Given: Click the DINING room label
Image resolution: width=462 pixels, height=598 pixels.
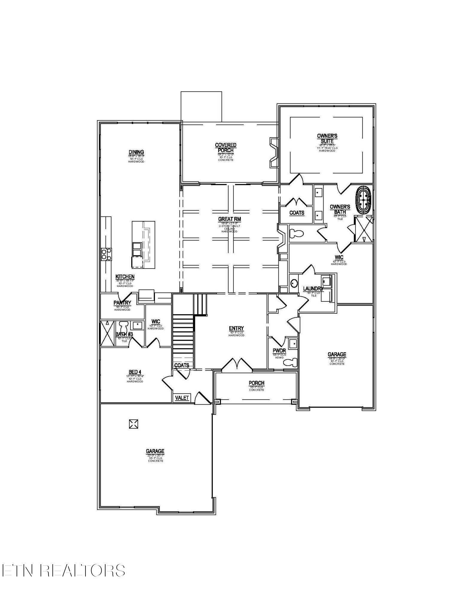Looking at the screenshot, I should point(136,152).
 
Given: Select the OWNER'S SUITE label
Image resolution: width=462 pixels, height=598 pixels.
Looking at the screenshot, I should point(327,138).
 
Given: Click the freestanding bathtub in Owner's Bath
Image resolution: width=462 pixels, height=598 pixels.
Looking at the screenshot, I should point(363,200).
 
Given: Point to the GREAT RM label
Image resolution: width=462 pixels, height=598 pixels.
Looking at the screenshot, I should point(229,219).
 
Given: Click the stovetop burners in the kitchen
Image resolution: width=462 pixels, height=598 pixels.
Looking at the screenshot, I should point(106,254).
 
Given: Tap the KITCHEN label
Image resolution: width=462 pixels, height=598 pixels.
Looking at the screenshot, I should point(125,277).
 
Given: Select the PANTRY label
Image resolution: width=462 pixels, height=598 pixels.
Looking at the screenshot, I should point(122,303).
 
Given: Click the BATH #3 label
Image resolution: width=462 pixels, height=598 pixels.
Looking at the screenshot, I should point(124,334).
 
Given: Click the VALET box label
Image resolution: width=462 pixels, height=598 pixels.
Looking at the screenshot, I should point(182,398).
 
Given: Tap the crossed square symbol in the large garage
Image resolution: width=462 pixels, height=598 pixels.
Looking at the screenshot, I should point(134,424).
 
